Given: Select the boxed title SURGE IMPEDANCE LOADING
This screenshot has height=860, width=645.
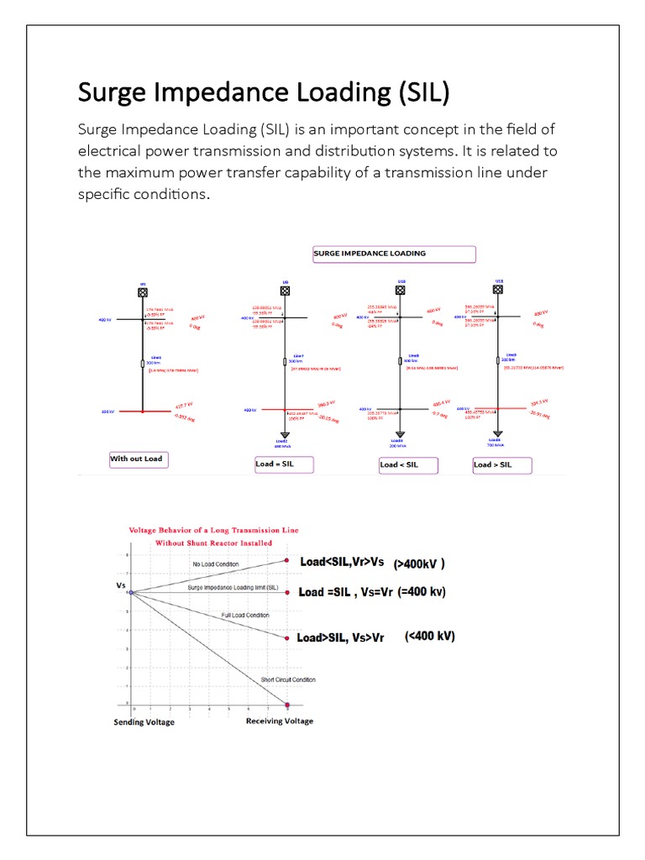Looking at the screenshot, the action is click(x=394, y=254).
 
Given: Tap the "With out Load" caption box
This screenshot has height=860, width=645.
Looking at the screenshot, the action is click(x=137, y=459).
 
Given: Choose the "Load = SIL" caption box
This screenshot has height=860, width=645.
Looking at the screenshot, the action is click(x=286, y=464).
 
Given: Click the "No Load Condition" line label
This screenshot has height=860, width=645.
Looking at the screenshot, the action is click(x=217, y=564).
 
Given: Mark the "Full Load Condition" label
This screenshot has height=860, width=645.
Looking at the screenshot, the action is click(x=245, y=616).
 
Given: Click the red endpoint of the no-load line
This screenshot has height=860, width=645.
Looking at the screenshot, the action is click(x=287, y=560).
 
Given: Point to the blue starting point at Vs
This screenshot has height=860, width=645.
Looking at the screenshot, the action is click(x=131, y=593).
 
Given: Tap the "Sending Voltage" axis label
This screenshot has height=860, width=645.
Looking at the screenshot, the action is click(x=144, y=722).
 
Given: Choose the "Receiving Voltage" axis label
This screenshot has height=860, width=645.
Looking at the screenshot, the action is click(x=280, y=721).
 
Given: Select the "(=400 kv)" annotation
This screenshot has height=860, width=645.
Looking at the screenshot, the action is click(x=422, y=591).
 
